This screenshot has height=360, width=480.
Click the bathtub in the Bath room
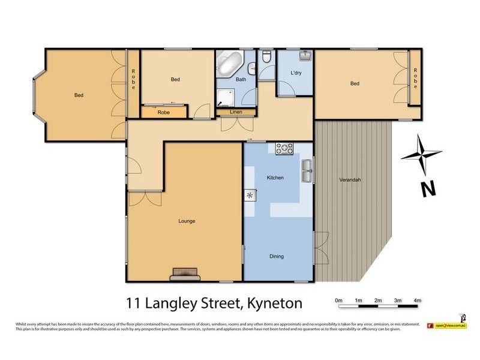pyautogui.click(x=230, y=63)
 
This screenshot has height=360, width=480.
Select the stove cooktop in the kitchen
pyautogui.click(x=284, y=148)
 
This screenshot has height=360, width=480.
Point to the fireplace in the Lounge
pyautogui.click(x=185, y=274)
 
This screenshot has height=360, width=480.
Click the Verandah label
pyautogui.click(x=350, y=179)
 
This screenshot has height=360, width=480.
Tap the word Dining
pyautogui.click(x=276, y=256)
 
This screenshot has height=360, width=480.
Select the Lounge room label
pyautogui.click(x=187, y=221)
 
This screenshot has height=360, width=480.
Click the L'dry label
pyautogui.click(x=296, y=73)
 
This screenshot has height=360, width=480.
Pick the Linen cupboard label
pyautogui.click(x=227, y=112)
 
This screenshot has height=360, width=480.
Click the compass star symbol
pyautogui.click(x=421, y=154)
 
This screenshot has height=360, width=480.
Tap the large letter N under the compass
pyautogui.click(x=427, y=189)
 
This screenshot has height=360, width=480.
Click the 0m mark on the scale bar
pyautogui.click(x=338, y=300)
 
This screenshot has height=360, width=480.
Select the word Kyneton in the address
pyautogui.click(x=271, y=303)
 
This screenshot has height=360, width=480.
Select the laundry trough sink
pyautogui.click(x=305, y=56)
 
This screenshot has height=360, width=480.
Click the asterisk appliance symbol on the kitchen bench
pyautogui.click(x=250, y=195)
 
